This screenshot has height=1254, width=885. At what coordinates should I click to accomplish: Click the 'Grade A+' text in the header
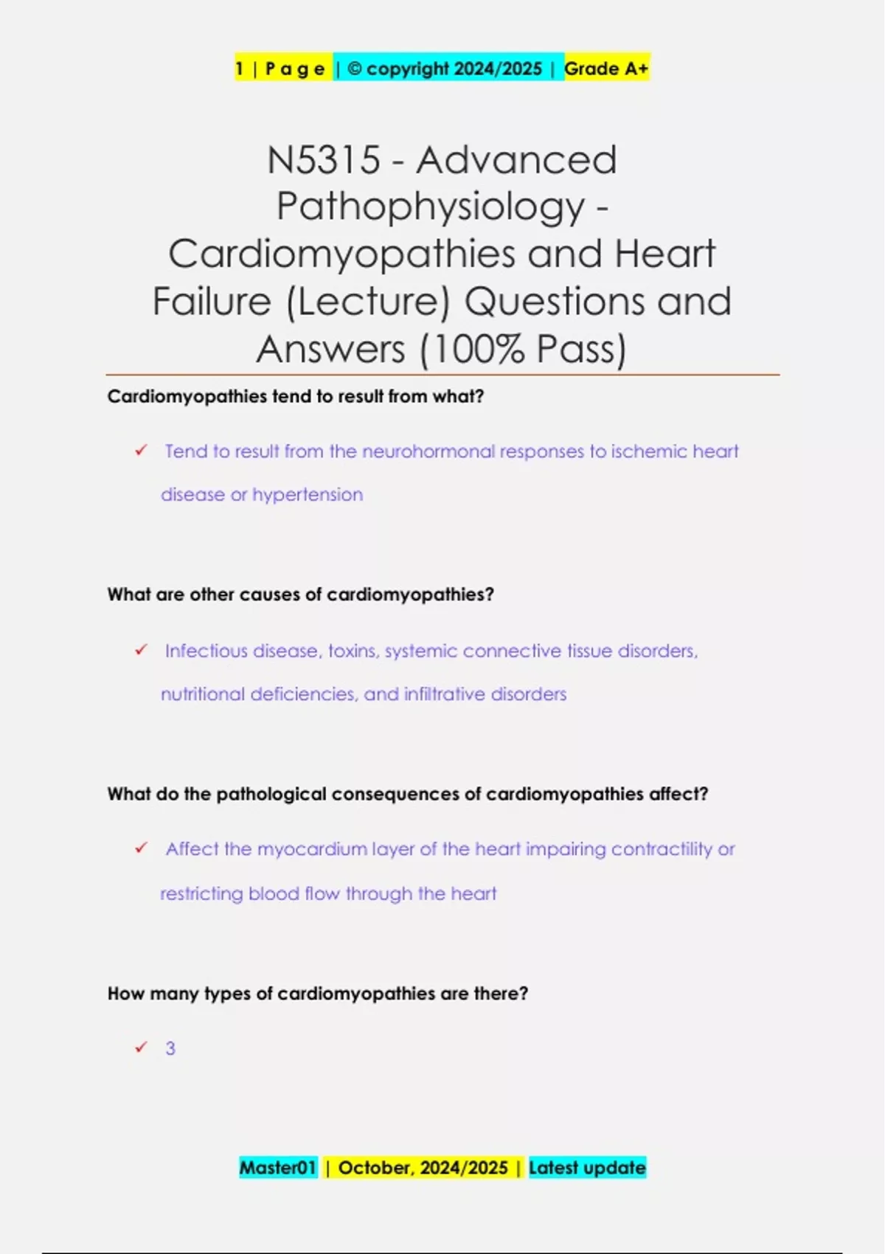pos(605,69)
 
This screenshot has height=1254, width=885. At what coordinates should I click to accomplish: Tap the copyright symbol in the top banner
pos(354,69)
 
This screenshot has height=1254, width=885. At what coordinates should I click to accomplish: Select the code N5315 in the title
pos(324,160)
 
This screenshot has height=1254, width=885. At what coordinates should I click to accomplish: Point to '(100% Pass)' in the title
pos(523,349)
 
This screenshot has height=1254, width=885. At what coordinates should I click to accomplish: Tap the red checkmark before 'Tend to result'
pos(141,450)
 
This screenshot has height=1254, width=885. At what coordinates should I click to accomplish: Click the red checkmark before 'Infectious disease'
pos(141,650)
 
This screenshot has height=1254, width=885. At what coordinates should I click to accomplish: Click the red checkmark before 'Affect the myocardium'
pos(141,848)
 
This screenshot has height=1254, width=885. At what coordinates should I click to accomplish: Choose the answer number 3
pos(170,1048)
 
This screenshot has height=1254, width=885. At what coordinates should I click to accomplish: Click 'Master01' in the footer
pos(277,1168)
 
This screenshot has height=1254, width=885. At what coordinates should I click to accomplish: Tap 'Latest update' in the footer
pos(587,1168)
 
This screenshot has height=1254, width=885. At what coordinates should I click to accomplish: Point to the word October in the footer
pos(374,1168)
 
